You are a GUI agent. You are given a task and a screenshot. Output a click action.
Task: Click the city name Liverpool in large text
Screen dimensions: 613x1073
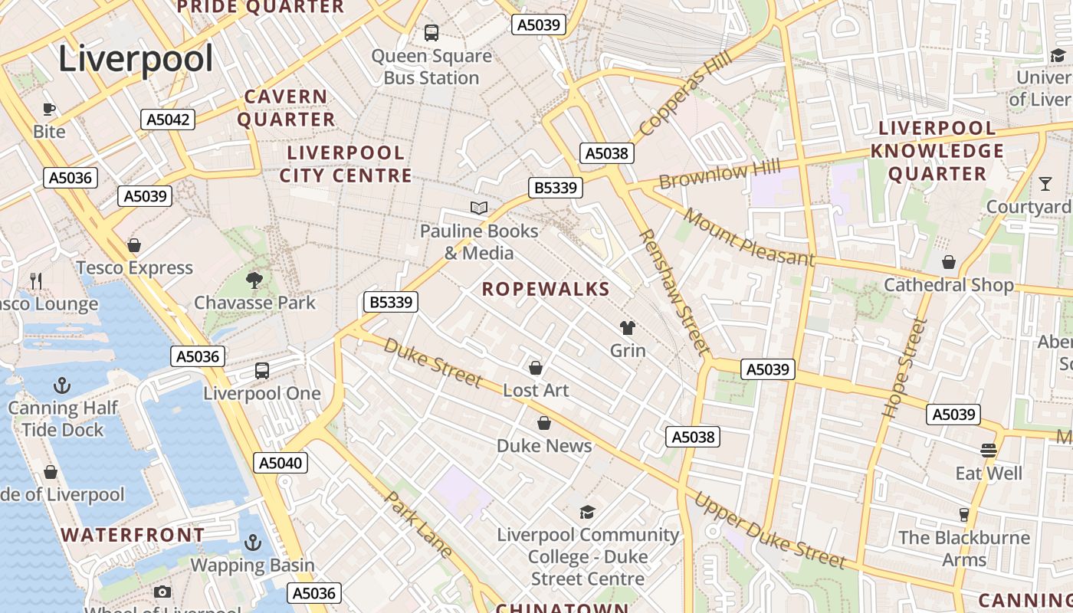point(136,59)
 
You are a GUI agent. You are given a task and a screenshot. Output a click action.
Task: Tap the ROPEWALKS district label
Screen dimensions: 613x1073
point(546,290)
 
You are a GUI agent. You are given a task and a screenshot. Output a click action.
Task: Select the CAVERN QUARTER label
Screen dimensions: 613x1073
point(285,108)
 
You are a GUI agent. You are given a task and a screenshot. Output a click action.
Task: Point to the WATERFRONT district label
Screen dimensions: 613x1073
point(133,535)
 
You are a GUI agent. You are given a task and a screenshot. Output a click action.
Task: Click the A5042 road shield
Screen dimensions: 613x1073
point(168,120)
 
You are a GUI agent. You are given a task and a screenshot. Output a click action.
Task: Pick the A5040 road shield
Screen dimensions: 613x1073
point(281,463)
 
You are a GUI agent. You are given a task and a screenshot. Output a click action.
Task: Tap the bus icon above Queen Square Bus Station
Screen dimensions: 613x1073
point(431,33)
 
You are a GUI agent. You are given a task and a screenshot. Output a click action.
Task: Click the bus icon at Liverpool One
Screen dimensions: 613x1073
point(262,371)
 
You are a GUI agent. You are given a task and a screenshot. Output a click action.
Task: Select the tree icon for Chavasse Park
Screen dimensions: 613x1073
point(254,280)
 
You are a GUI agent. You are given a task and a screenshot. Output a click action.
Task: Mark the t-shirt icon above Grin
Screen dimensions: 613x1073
point(628,328)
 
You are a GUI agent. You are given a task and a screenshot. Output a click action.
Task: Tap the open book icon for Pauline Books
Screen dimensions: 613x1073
point(479,208)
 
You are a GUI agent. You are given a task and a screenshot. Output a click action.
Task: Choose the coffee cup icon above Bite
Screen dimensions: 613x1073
point(49,109)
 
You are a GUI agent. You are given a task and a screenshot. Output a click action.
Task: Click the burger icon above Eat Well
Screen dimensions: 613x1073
point(989,450)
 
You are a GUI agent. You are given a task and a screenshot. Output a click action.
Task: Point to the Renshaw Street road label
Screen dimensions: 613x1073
point(672,292)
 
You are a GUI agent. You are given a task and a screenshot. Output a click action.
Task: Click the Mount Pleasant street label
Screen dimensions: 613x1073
point(749,238)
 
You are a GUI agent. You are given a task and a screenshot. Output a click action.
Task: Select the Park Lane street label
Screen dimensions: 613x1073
point(418,524)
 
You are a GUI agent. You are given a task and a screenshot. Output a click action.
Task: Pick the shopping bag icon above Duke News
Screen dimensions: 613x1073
point(544,423)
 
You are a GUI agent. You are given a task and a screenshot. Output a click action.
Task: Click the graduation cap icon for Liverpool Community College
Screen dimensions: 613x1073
point(587,512)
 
